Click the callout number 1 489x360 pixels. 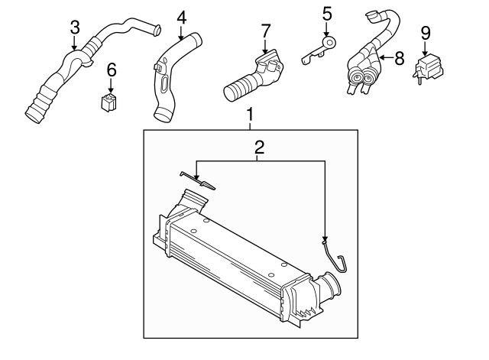[x=250, y=115]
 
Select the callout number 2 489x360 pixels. [x=259, y=148]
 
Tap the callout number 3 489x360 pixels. [x=74, y=28]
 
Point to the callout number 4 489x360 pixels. [x=181, y=17]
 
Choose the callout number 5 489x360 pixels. [x=327, y=13]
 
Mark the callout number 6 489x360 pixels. [x=112, y=70]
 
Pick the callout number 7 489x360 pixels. [x=265, y=31]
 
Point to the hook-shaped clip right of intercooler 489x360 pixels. [x=334, y=256]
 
